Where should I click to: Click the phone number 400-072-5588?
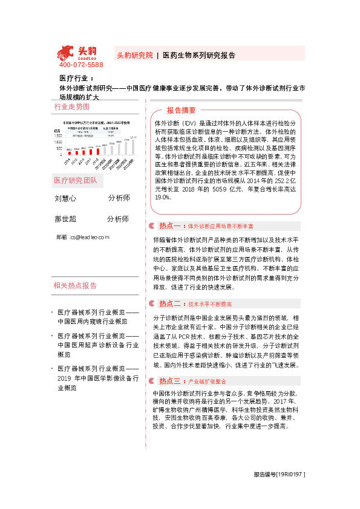click(x=81, y=65)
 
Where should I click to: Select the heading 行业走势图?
click(x=71, y=106)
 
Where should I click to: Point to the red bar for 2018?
click(x=98, y=150)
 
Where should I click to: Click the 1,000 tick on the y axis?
click(x=59, y=142)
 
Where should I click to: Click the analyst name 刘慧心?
click(x=65, y=198)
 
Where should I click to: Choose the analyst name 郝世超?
click(x=65, y=219)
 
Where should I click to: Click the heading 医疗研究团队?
click(x=75, y=180)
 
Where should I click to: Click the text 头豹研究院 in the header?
click(x=134, y=55)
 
